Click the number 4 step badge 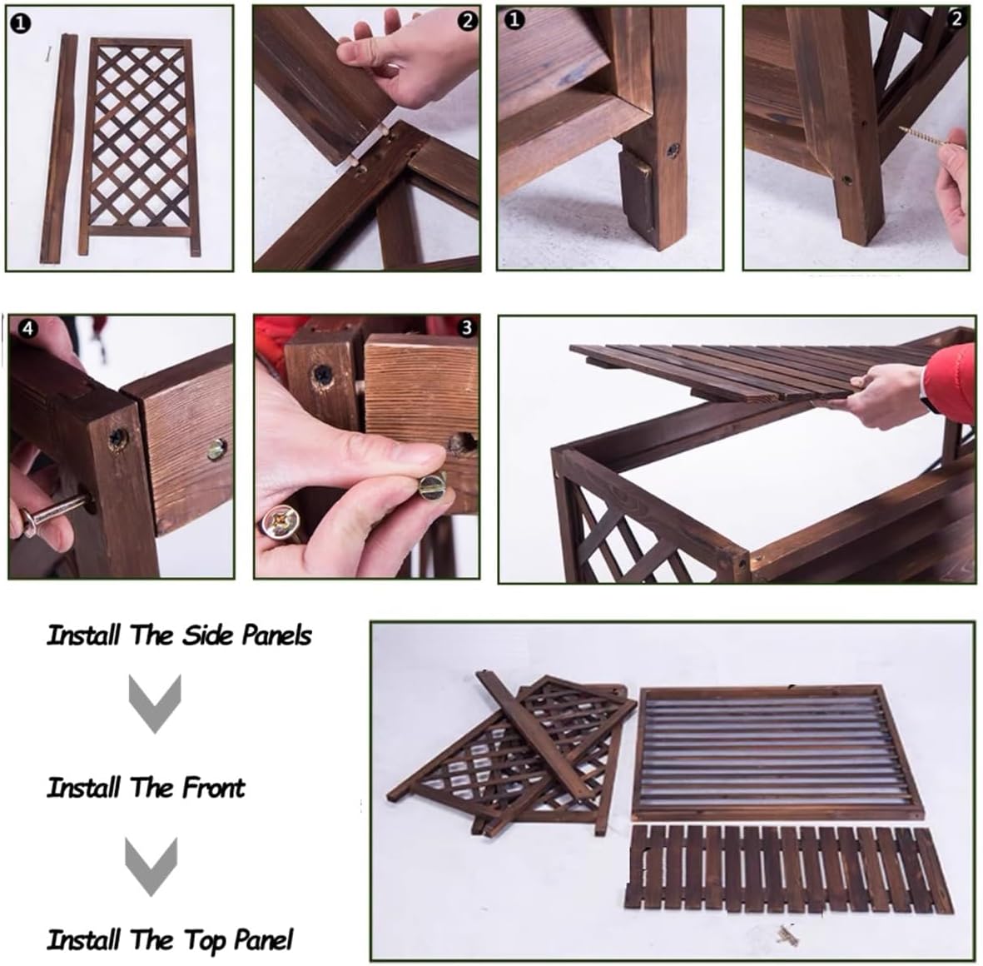coord(28,329)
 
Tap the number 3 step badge coord(466,328)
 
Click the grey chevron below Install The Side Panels coord(154,702)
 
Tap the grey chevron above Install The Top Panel coord(151,864)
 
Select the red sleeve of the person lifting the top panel coord(949,383)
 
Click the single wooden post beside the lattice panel coord(61,150)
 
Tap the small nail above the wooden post coord(49,54)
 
